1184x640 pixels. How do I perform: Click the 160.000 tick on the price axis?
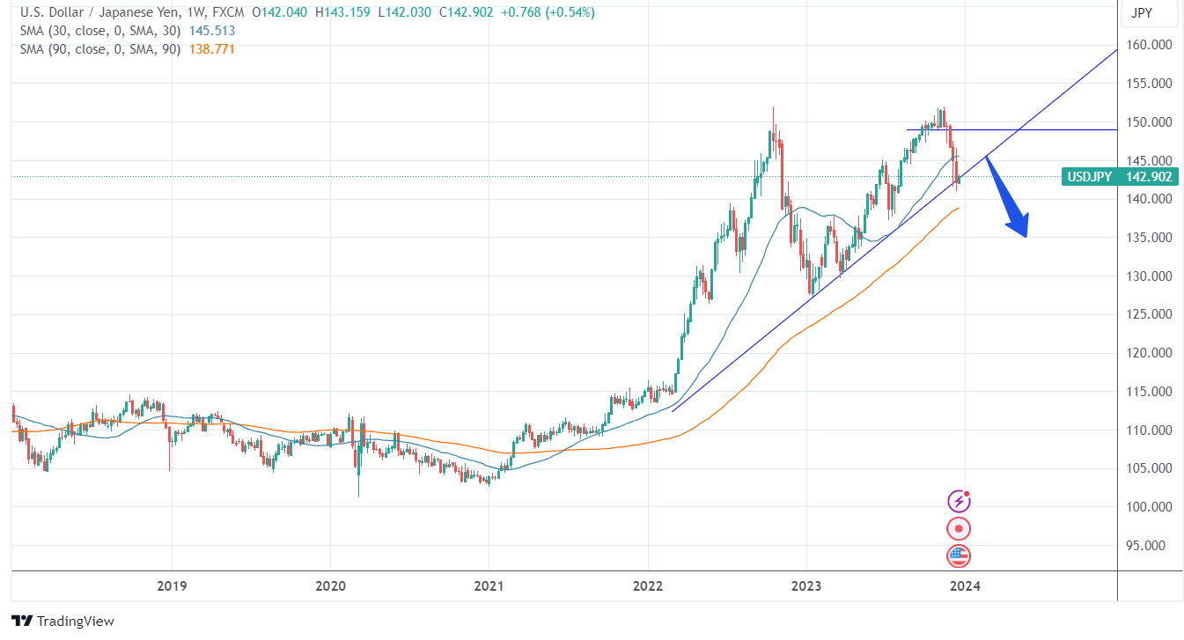[1151, 45]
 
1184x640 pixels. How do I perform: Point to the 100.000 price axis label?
[1151, 507]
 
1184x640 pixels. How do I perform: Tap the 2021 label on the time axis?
[489, 585]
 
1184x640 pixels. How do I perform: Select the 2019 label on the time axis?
[172, 585]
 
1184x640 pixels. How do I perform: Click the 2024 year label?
[966, 585]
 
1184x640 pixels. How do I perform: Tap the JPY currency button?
[1141, 13]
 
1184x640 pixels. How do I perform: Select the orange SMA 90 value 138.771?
[212, 49]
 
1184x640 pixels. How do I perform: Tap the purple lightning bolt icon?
[959, 501]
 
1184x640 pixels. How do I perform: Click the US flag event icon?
[959, 555]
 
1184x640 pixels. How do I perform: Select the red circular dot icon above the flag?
[959, 528]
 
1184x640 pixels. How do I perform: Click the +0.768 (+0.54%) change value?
[548, 12]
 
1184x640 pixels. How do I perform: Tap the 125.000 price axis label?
[1151, 314]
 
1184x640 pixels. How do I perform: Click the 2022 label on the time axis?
[648, 585]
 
